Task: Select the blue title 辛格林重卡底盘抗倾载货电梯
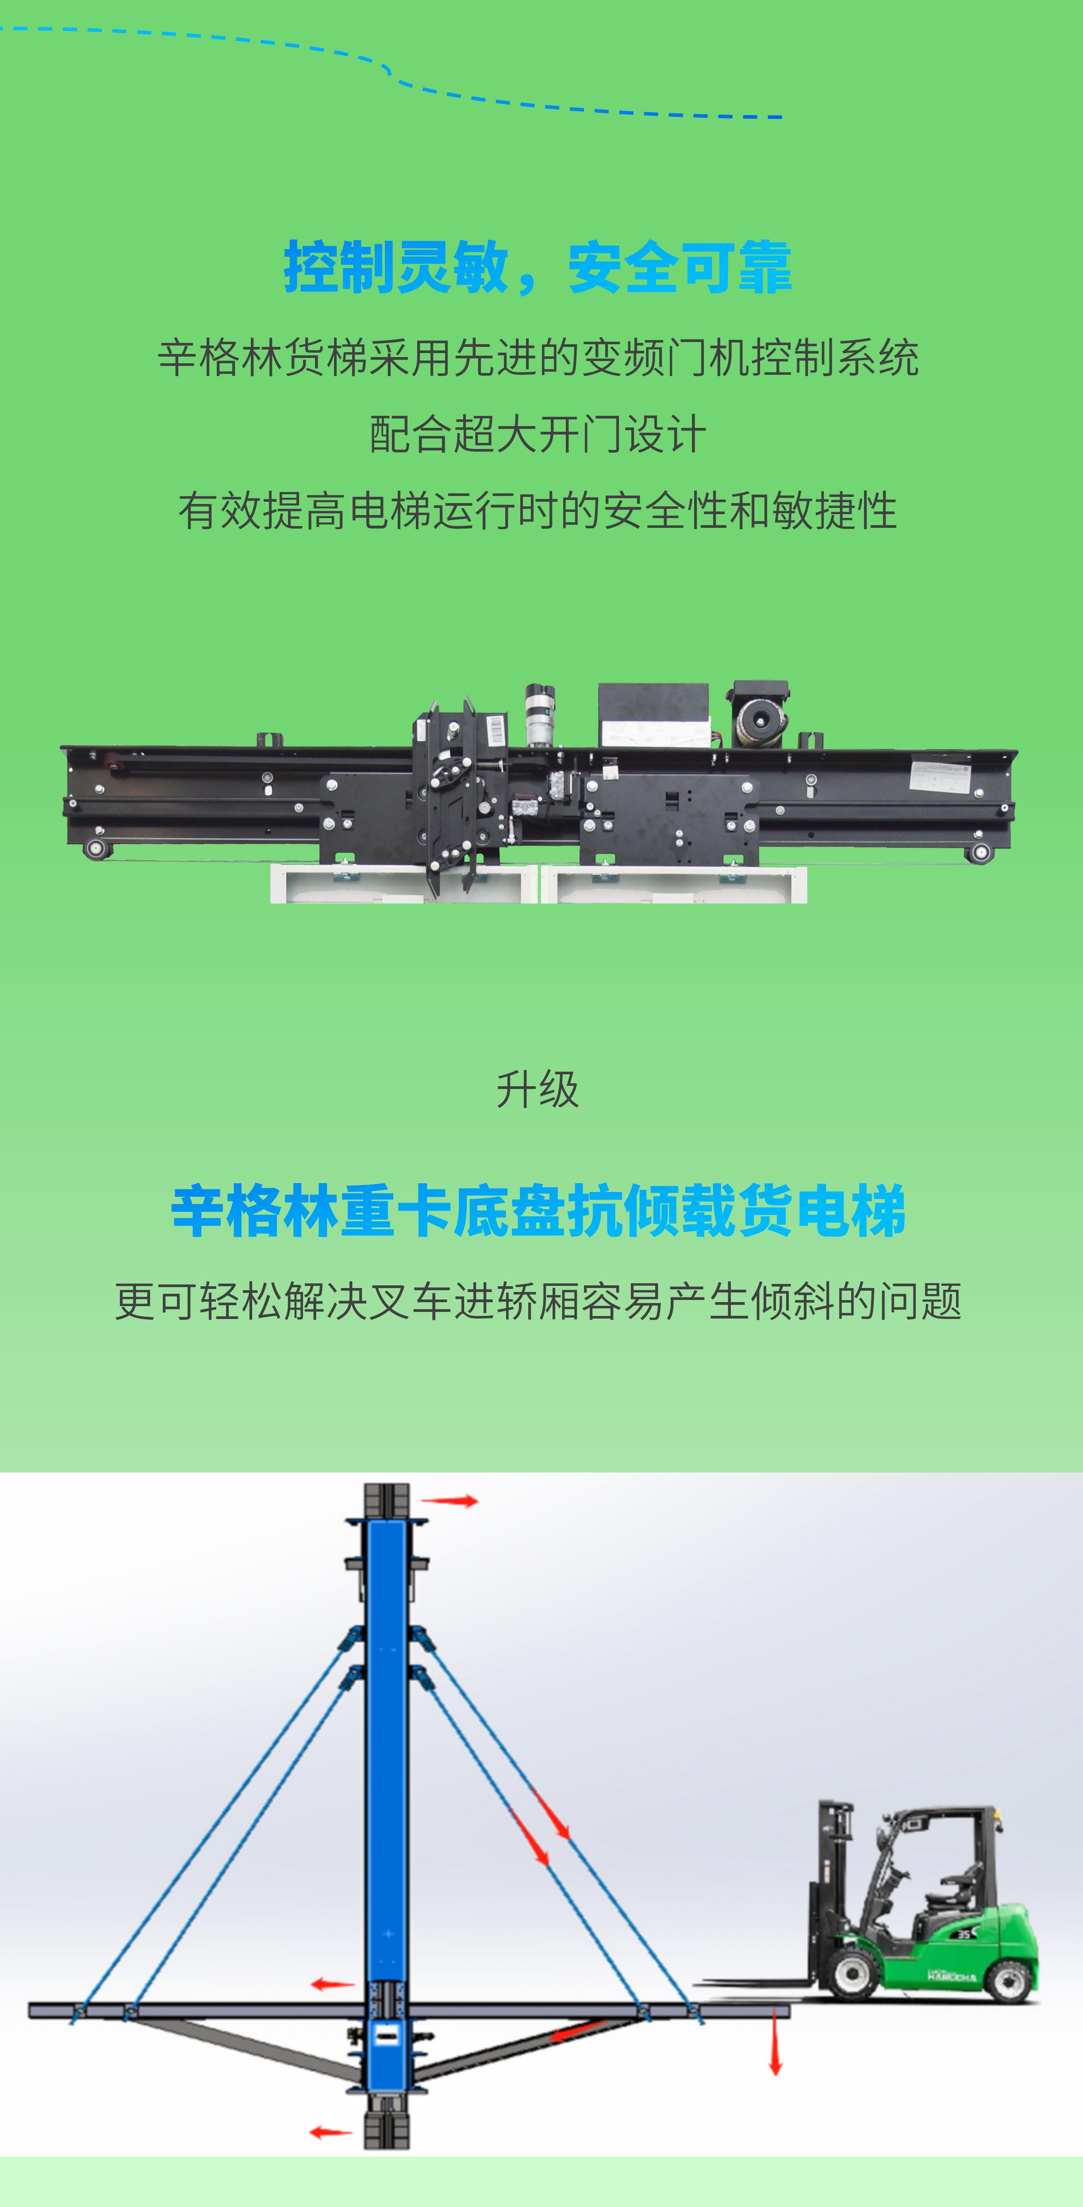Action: click(538, 1211)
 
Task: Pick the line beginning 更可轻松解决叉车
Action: click(538, 1301)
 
